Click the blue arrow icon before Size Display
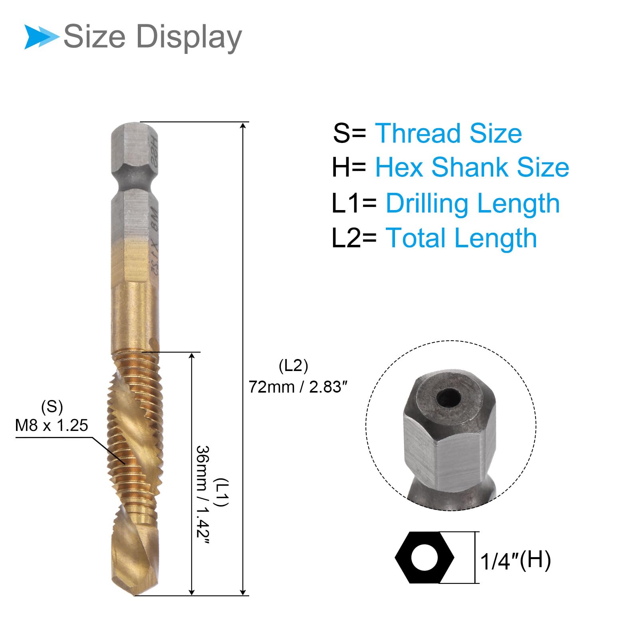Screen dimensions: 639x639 (x=42, y=37)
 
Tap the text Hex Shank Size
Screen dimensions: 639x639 (x=472, y=167)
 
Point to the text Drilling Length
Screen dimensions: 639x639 (x=472, y=203)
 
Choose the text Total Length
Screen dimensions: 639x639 (x=461, y=238)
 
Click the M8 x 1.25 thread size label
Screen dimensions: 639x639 (x=52, y=425)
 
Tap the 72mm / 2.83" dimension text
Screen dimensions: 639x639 (x=298, y=387)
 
